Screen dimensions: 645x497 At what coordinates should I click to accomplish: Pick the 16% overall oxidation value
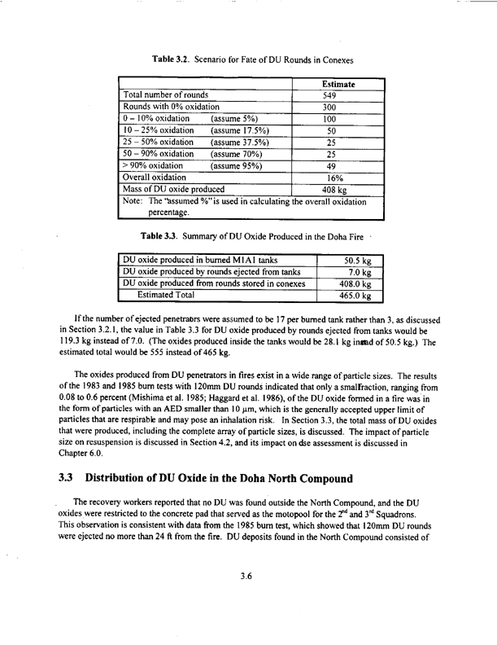click(330, 177)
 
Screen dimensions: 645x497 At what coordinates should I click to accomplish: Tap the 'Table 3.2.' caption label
click(174, 59)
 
